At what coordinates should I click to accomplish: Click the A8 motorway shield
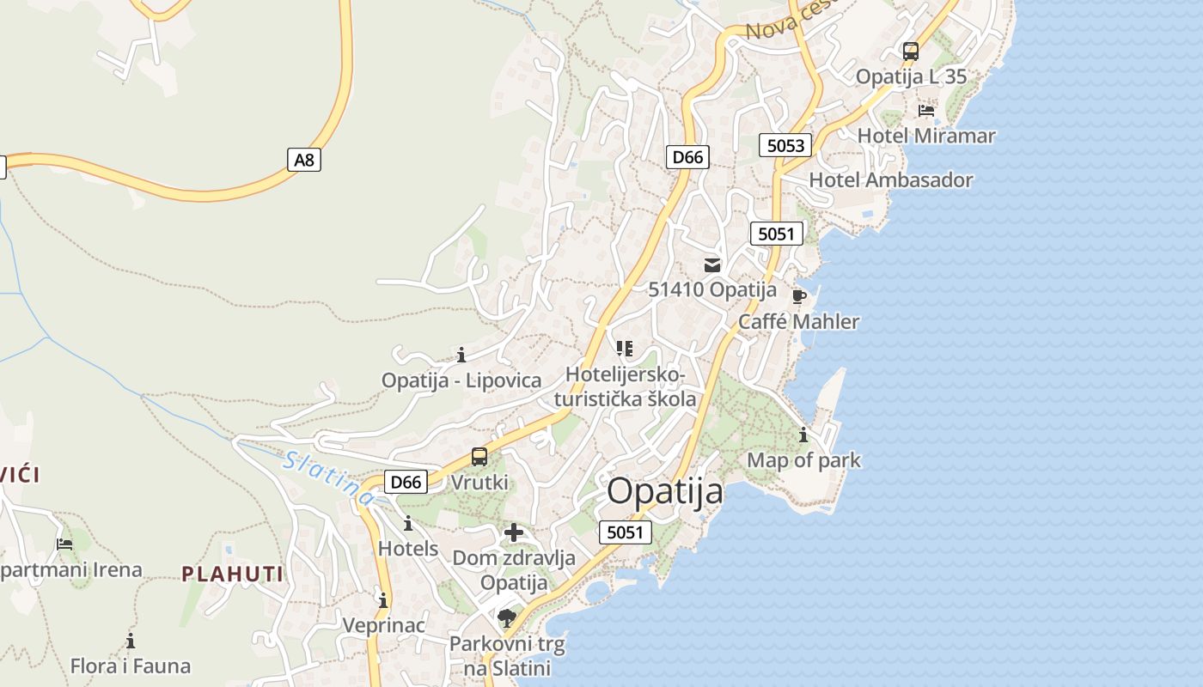coord(303,159)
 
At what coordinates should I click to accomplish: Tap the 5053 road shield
coord(785,145)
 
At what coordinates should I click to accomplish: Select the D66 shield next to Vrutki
coord(406,482)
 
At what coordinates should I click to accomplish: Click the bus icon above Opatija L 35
coord(911,52)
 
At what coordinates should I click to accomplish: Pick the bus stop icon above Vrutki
coord(479,457)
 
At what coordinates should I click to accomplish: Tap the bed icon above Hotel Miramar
coord(926,111)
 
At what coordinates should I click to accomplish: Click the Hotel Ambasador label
coord(891,180)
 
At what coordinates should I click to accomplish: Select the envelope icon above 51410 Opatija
coord(712,264)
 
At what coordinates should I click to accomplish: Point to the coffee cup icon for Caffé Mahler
coord(798,297)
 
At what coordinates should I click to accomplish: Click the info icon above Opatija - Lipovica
coord(461,355)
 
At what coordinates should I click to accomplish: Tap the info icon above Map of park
coord(803,435)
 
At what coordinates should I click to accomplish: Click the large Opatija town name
coord(665,492)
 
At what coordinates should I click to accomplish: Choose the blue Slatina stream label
coord(329,477)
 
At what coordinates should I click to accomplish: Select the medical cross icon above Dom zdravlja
coord(514,533)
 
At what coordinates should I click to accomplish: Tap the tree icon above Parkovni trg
coord(507,617)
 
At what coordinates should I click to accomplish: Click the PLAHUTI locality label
coord(232,574)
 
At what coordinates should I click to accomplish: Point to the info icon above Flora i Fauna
coord(131,641)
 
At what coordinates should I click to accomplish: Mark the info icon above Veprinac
coord(383,600)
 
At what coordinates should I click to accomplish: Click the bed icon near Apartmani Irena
coord(64,544)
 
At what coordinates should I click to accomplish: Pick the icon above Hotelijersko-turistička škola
coord(625,349)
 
